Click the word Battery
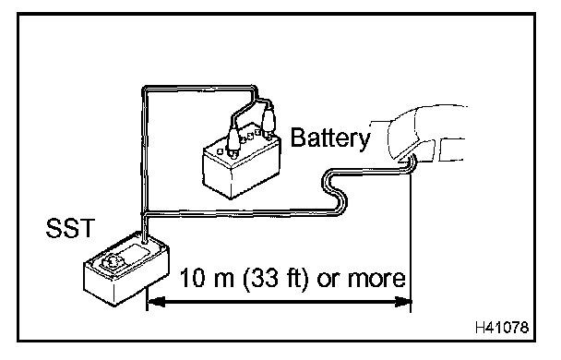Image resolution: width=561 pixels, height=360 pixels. (330, 138)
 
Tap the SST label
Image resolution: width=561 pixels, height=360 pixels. (70, 228)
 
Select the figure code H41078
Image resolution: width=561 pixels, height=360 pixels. (502, 327)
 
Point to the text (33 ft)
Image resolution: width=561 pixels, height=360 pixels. (276, 279)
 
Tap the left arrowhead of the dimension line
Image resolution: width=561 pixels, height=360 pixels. (156, 302)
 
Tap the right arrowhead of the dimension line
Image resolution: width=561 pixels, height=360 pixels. (402, 302)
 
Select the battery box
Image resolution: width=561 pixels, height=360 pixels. (241, 163)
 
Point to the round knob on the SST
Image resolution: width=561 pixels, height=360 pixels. (113, 261)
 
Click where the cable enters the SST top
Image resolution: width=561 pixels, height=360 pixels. (144, 242)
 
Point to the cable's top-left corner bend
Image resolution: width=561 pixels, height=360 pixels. (145, 89)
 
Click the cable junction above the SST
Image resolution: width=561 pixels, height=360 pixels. (144, 214)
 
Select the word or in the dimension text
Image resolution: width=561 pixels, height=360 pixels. (327, 280)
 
